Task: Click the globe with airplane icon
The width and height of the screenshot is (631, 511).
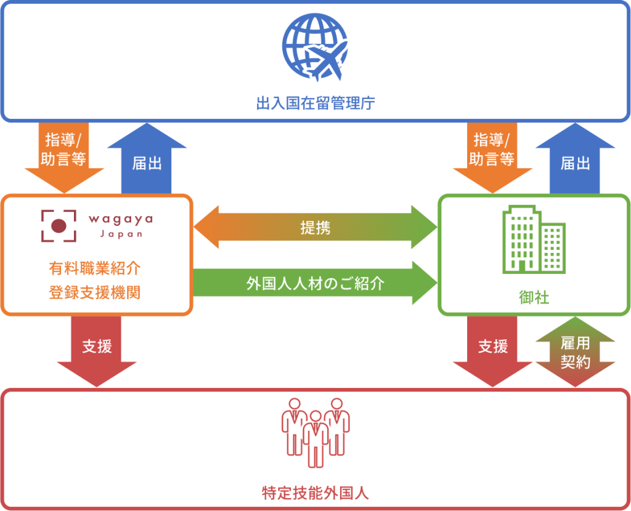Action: (315, 47)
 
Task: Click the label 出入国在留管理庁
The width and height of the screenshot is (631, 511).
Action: (315, 103)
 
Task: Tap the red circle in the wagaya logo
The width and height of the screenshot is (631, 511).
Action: (59, 226)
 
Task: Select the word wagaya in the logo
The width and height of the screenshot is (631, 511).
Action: (121, 220)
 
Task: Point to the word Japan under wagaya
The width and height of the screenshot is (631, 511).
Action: (121, 234)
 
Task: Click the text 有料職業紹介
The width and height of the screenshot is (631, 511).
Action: (95, 268)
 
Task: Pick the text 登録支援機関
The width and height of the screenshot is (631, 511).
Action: (95, 292)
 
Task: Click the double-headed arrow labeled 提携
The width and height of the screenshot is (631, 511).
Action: (315, 227)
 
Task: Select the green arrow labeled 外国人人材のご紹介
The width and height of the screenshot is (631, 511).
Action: (315, 283)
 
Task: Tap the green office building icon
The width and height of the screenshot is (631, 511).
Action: (534, 239)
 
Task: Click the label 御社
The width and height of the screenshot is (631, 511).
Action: (534, 297)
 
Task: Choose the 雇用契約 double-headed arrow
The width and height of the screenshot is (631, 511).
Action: (576, 352)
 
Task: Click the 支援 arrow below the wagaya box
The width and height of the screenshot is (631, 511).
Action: (97, 351)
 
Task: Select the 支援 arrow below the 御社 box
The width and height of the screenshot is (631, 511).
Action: (492, 351)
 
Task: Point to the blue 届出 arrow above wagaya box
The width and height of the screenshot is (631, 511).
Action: (147, 158)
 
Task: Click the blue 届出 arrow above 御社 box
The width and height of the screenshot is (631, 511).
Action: (576, 158)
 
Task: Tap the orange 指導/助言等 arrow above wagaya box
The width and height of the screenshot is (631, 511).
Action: (64, 158)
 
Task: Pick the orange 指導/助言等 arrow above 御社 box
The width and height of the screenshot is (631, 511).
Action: (492, 158)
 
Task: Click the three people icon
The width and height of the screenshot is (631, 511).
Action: (315, 433)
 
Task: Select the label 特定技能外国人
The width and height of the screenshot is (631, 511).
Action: (315, 493)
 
